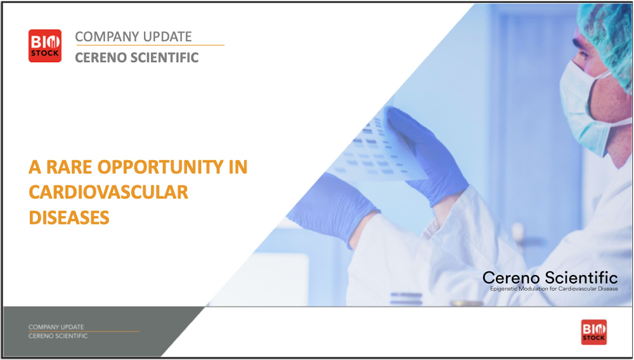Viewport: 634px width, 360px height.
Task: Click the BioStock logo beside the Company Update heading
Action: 45,46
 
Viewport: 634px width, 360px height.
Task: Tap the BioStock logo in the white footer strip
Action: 593,332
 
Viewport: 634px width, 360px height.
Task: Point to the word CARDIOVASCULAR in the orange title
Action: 108,192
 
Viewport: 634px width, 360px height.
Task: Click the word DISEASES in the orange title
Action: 69,218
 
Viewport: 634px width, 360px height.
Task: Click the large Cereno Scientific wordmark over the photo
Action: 550,278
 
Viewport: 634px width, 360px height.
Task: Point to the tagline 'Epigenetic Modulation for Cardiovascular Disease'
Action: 554,289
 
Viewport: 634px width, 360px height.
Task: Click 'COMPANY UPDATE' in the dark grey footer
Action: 56,327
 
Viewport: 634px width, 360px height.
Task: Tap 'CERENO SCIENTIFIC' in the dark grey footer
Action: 58,336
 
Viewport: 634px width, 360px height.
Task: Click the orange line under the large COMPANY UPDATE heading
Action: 150,45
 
